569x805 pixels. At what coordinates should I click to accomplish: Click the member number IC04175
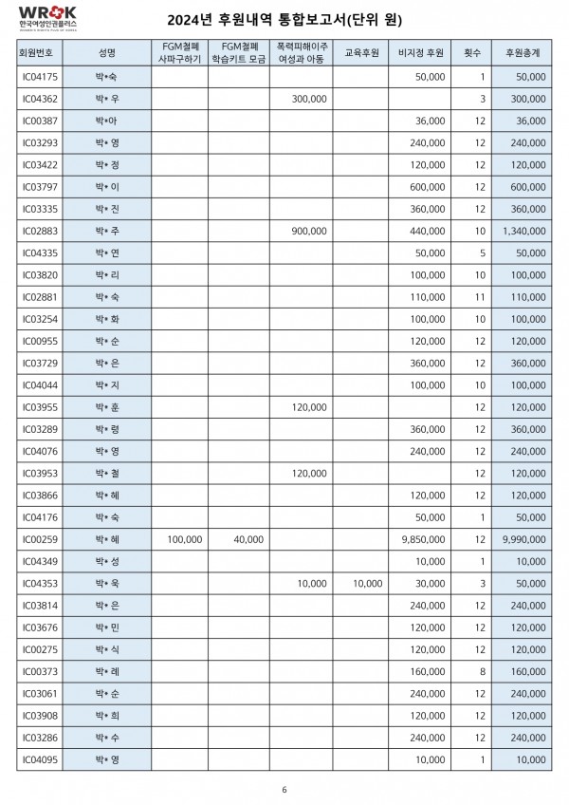tap(40, 76)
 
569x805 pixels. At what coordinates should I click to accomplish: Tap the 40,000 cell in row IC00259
tap(248, 539)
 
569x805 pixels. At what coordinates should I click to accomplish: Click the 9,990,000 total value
tap(523, 539)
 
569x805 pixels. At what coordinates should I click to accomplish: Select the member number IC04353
tap(40, 583)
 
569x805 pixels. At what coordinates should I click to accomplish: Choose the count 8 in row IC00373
tap(482, 671)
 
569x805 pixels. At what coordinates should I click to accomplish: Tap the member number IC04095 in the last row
tap(40, 759)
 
